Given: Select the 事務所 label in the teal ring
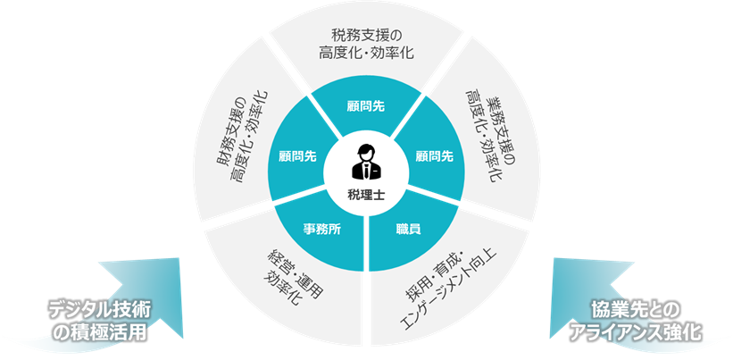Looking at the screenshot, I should (x=321, y=228).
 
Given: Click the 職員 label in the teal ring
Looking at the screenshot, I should (x=408, y=229).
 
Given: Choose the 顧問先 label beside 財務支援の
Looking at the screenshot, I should (x=297, y=155).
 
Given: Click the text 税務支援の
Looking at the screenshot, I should (x=367, y=36).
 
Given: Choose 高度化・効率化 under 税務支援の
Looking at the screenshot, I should (x=367, y=54).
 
